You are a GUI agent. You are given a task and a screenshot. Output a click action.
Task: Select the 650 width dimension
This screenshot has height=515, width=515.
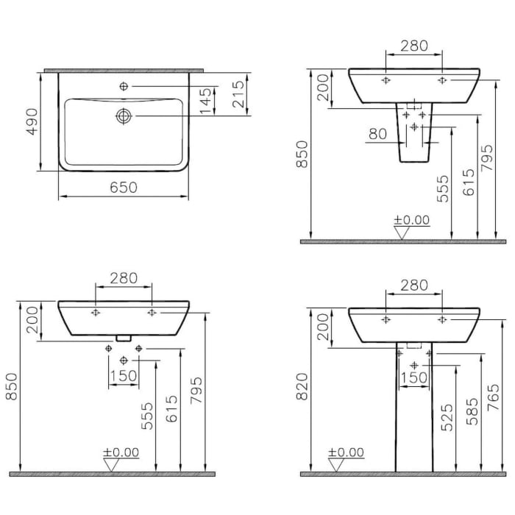pos(124,188)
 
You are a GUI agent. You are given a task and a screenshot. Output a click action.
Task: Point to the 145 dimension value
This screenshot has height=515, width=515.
pos(207,101)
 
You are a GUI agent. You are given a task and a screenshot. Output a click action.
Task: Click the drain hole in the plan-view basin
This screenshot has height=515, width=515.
pos(124,116)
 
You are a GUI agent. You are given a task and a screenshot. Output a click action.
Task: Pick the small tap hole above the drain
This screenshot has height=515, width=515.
pos(124,87)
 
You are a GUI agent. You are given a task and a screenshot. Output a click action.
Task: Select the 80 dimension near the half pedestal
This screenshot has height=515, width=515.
pos(377,134)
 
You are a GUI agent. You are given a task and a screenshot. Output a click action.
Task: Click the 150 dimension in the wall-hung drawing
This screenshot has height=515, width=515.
pos(124,375)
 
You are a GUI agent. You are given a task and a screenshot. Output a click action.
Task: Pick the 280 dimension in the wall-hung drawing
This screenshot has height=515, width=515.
pos(124,278)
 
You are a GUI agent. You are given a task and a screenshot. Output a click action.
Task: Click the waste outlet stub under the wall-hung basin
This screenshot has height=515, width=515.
pos(124,339)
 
